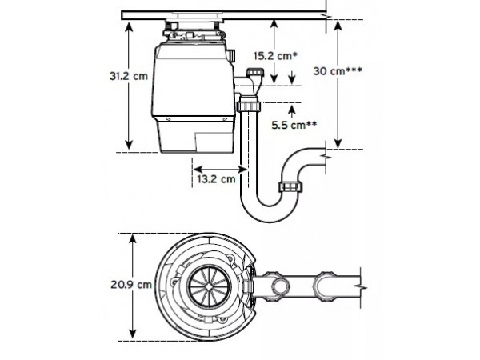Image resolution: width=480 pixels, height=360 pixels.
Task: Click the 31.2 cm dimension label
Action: [x=129, y=76]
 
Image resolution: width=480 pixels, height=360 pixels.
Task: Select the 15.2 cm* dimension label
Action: [x=275, y=56]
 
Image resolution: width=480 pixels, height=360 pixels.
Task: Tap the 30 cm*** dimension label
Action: [x=338, y=71]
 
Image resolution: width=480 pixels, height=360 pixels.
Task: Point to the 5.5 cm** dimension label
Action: [x=294, y=125]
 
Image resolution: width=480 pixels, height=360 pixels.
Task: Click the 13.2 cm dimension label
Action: [x=216, y=178]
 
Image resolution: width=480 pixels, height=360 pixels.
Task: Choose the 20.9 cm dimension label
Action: [x=131, y=285]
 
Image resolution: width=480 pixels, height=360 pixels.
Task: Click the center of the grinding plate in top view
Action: [x=209, y=286]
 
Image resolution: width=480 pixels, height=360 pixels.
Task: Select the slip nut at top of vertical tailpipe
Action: [x=249, y=106]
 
